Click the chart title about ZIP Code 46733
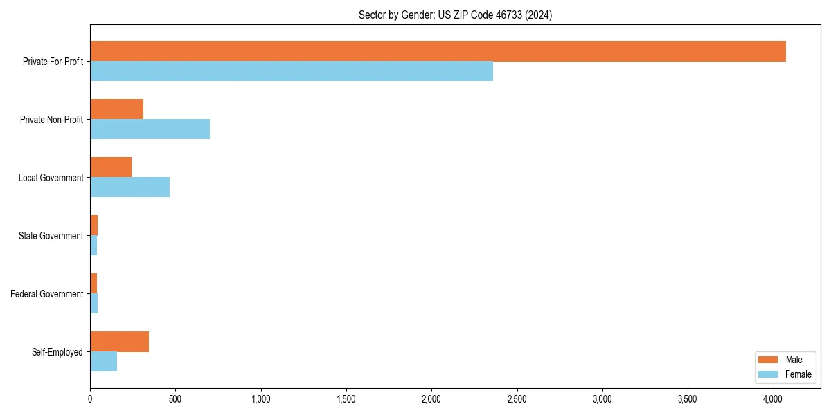(455, 15)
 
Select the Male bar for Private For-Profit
(438, 51)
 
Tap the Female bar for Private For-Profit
(292, 71)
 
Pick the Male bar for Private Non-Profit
(116, 109)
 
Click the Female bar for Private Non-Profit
(150, 129)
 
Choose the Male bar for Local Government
(111, 167)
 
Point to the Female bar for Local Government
(129, 187)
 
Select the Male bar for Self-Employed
(119, 342)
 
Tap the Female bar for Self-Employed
(103, 362)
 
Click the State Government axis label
(51, 236)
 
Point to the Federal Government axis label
(46, 294)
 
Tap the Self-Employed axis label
(57, 352)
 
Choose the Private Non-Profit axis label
(51, 120)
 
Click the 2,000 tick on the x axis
(431, 399)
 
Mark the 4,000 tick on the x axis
(774, 399)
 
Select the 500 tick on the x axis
(175, 399)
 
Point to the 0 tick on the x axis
(90, 399)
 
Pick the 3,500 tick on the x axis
(688, 399)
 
